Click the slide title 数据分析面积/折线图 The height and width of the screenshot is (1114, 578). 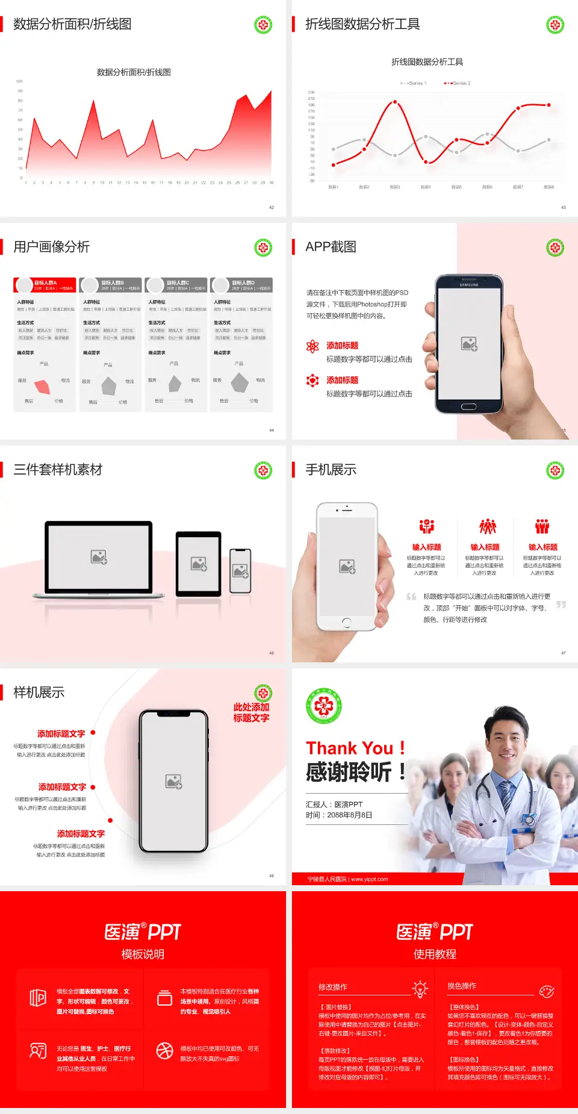click(x=72, y=24)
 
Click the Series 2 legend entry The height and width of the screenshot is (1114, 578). click(x=458, y=83)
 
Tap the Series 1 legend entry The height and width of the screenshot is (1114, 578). click(x=414, y=83)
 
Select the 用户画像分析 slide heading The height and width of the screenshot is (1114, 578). click(x=52, y=247)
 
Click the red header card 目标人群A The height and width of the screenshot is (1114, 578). click(x=45, y=285)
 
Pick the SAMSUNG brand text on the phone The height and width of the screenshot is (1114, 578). click(x=469, y=285)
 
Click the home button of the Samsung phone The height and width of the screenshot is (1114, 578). click(x=468, y=406)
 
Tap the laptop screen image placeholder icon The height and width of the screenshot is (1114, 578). click(x=99, y=557)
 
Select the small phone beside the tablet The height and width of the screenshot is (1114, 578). click(x=240, y=570)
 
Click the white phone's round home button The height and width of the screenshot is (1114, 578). click(x=346, y=622)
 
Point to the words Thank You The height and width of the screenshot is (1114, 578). click(x=349, y=748)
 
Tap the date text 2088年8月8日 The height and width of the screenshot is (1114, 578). click(x=350, y=815)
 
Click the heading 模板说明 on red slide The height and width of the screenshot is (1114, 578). click(x=143, y=954)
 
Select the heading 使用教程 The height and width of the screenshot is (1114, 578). click(x=435, y=954)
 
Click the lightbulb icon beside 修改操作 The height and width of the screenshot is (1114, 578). click(x=420, y=989)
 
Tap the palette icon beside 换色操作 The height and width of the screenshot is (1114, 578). click(x=547, y=991)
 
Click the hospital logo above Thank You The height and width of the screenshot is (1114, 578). click(x=324, y=706)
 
